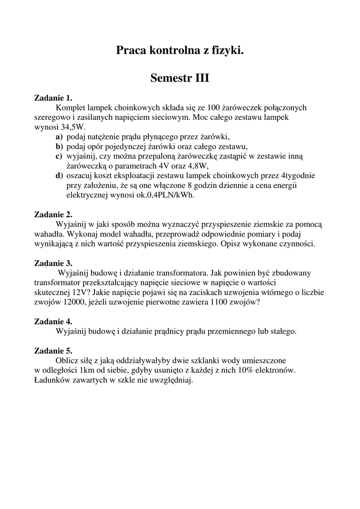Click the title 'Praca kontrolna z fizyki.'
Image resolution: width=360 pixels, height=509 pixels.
tap(180, 50)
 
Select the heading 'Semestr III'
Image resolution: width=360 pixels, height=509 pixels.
tap(180, 79)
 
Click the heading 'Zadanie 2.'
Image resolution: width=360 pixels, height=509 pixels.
tap(53, 215)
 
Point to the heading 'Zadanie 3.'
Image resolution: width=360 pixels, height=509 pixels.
tap(53, 263)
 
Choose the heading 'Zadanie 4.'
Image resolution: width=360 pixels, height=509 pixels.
tap(53, 322)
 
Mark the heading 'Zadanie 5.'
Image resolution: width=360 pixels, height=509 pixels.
tap(53, 351)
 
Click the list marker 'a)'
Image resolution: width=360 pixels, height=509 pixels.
tap(59, 137)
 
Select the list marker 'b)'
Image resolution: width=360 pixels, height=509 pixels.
tap(59, 146)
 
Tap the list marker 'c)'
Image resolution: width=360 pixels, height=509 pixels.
tap(59, 156)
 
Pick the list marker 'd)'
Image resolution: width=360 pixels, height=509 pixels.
tap(59, 175)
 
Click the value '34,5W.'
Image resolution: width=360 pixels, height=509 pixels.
tap(75, 127)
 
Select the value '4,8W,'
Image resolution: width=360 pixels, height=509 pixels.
tap(196, 166)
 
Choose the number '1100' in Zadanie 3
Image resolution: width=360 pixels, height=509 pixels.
tap(212, 302)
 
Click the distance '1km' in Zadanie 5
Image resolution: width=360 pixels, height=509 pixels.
tap(88, 370)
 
